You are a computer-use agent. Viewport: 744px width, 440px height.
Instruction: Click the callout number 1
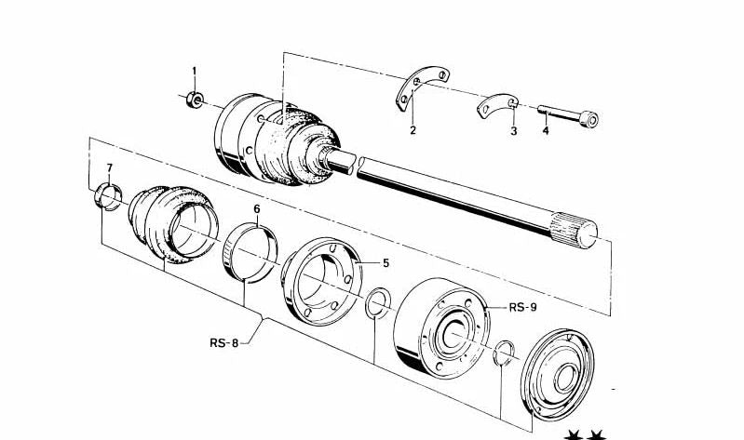[x=195, y=72]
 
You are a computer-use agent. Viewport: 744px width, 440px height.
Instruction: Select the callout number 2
[x=412, y=131]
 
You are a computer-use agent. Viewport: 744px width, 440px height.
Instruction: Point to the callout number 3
[x=512, y=131]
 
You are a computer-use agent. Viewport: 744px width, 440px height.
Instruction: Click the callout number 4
[x=546, y=131]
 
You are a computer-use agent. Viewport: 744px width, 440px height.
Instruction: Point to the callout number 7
[x=109, y=168]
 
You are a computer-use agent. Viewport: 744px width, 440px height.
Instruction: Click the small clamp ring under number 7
[x=108, y=197]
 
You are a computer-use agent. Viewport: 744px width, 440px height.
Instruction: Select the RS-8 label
[x=224, y=342]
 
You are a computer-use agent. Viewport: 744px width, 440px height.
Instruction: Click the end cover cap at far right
[x=559, y=373]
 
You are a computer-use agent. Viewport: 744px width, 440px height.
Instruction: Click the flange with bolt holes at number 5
[x=321, y=285]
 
